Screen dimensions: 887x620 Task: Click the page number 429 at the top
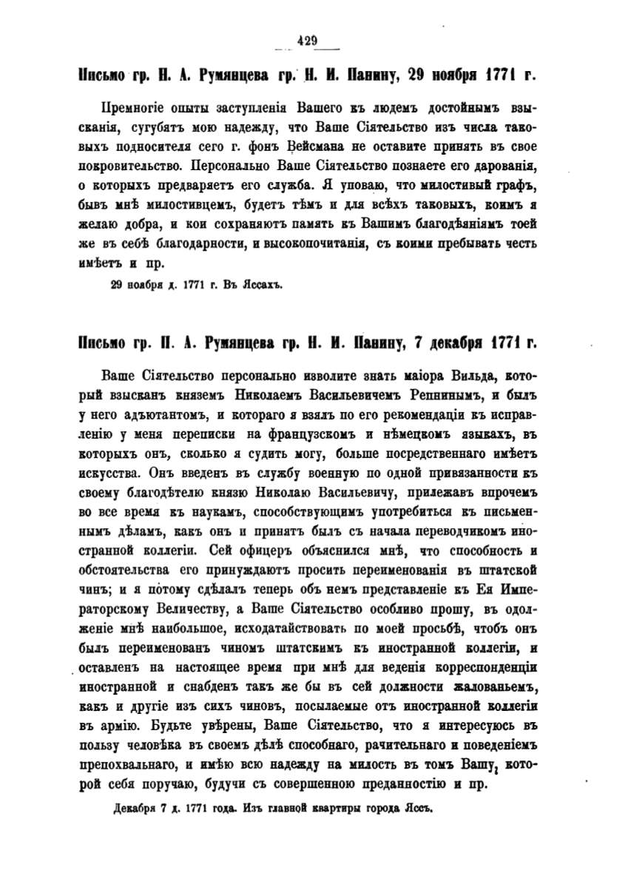[306, 42]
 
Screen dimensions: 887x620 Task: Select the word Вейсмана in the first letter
[343, 143]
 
